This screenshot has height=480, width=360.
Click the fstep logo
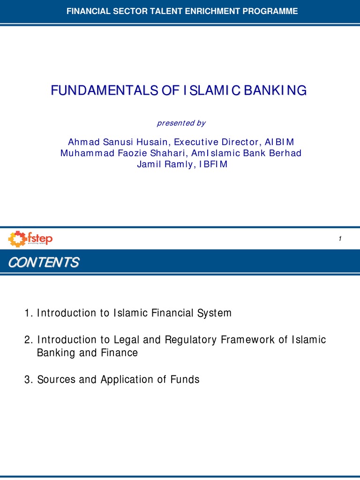(30, 239)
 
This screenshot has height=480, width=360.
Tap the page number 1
(339, 240)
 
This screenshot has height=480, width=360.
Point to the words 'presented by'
(180, 123)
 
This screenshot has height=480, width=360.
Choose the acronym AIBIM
(279, 142)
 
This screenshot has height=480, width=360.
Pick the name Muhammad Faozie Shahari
(123, 153)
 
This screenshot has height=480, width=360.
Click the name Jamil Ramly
(162, 165)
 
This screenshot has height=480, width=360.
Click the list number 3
(27, 380)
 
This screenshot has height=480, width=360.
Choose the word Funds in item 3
(187, 380)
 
